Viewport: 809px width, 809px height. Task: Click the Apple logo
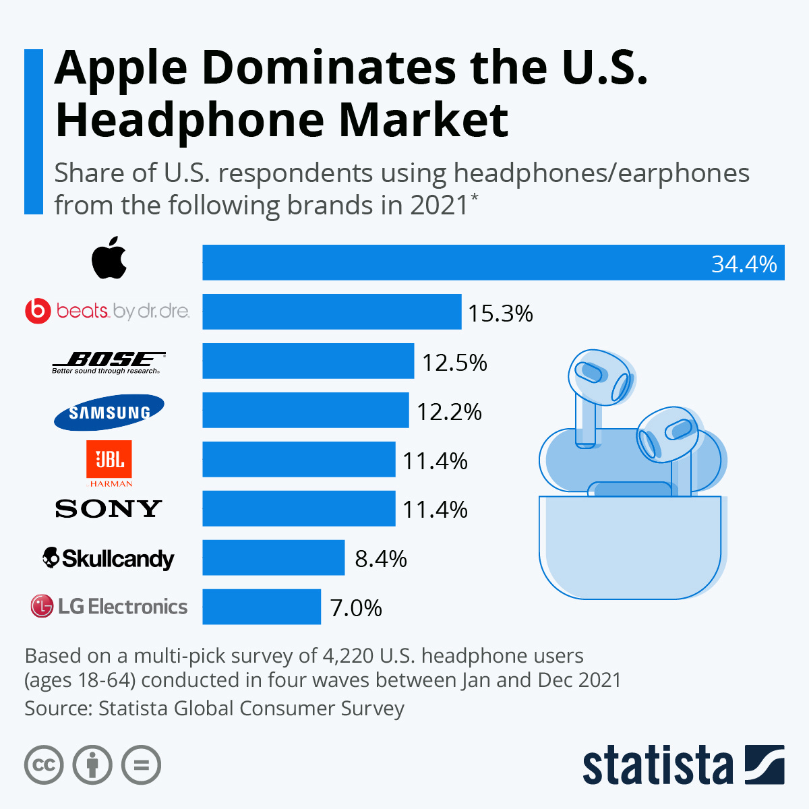tap(109, 258)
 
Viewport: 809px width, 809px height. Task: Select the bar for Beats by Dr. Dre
tap(332, 311)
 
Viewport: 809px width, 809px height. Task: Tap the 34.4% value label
tap(744, 264)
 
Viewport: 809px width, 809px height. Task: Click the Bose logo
tap(109, 362)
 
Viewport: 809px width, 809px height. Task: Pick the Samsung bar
tap(305, 410)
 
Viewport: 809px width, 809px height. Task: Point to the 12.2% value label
tap(449, 411)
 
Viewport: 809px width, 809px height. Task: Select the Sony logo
tap(109, 509)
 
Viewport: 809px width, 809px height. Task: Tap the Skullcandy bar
tap(273, 558)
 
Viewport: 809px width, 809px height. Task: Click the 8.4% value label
tap(381, 559)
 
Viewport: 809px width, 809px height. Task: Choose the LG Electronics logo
tap(109, 606)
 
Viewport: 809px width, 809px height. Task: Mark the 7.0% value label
tap(356, 608)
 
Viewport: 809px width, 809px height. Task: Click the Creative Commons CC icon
tap(44, 765)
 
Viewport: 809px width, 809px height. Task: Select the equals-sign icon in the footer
tap(141, 765)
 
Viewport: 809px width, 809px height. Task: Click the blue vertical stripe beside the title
tap(33, 131)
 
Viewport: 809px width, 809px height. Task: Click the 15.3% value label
tap(500, 313)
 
